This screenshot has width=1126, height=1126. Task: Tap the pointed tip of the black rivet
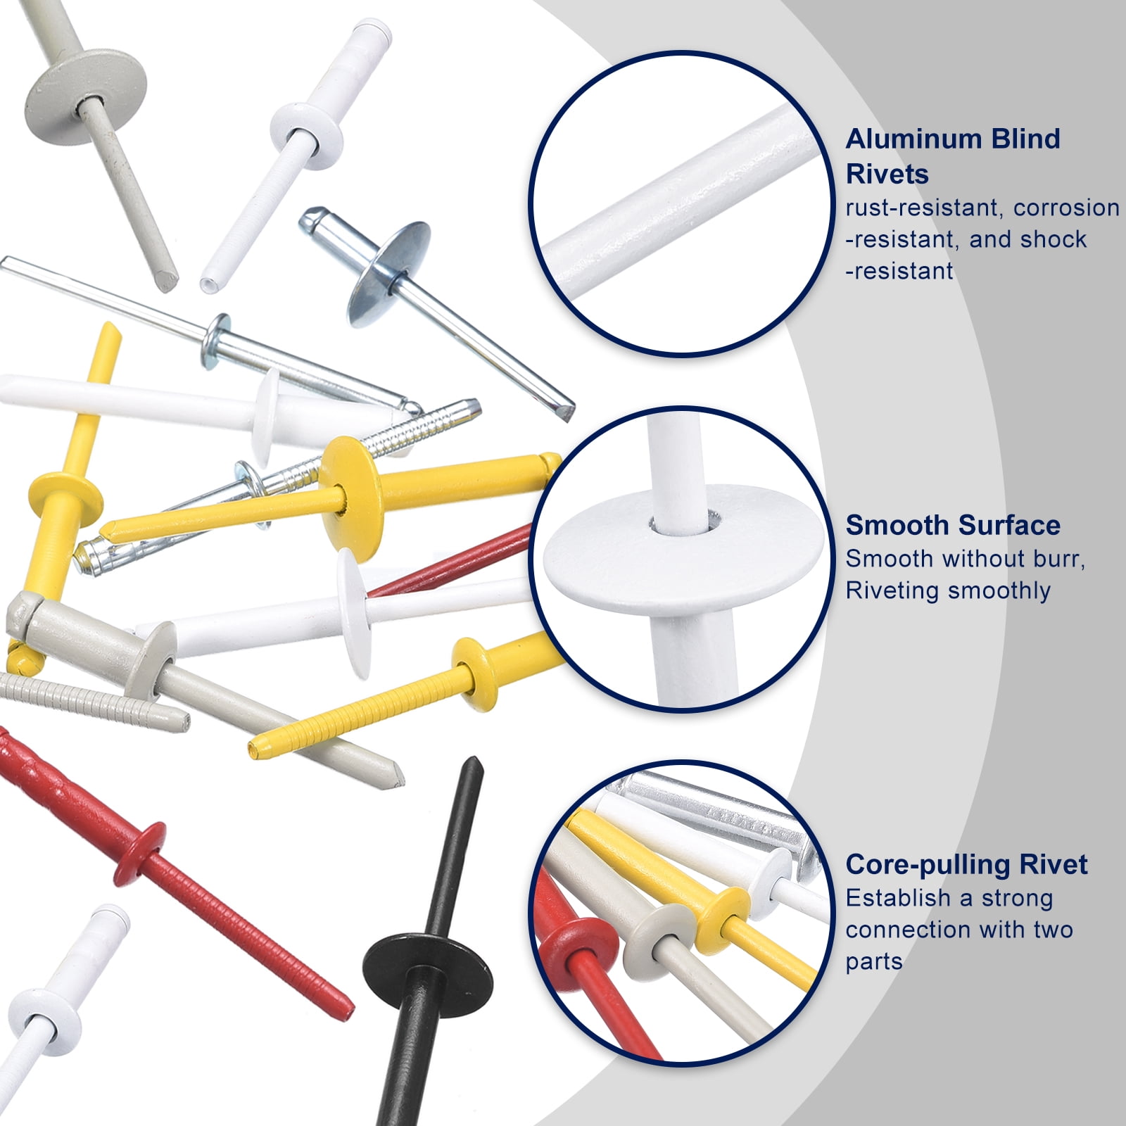[x=472, y=760]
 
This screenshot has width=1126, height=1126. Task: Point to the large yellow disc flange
[x=351, y=498]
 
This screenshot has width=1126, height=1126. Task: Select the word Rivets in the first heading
[x=887, y=174]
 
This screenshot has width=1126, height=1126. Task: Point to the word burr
[x=1051, y=559]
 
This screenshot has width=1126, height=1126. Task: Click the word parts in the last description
[x=873, y=962]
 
